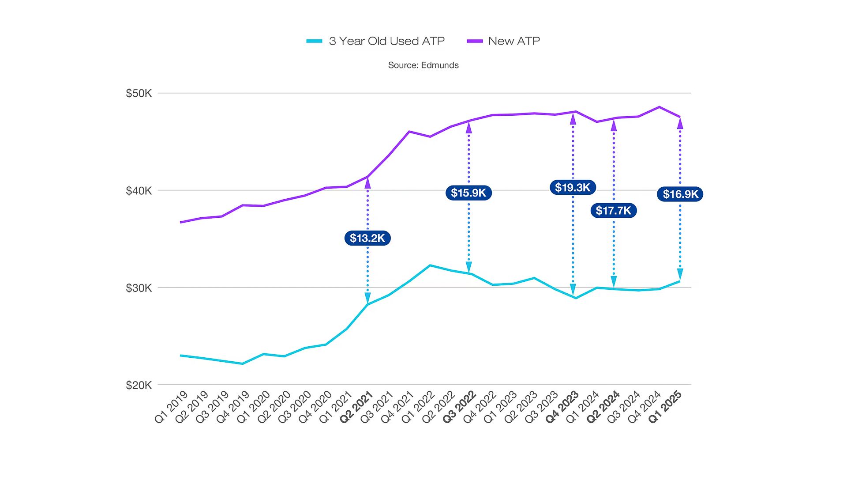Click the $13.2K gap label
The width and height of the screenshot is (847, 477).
point(367,238)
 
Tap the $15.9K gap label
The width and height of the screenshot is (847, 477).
point(468,193)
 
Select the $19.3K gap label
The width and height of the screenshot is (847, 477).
point(572,187)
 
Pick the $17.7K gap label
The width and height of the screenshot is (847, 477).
point(613,211)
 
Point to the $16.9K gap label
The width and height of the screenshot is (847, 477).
point(680,194)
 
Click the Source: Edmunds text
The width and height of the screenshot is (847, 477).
point(423,65)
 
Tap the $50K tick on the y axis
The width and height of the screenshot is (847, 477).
point(139,93)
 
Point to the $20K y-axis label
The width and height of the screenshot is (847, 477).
point(139,385)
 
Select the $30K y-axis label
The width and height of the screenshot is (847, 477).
point(139,288)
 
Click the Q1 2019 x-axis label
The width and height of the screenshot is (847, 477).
point(172,407)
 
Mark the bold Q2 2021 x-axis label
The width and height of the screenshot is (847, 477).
point(357,407)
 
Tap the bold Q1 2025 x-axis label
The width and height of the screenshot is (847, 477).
point(665,407)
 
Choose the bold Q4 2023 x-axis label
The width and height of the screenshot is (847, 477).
point(562,407)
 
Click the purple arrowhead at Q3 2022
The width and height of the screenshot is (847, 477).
point(468,128)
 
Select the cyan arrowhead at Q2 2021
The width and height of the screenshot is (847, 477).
point(367,298)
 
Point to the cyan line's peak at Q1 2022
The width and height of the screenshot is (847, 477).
point(430,265)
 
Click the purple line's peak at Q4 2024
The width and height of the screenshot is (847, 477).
point(659,107)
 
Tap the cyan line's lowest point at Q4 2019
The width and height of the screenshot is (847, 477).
point(242,363)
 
